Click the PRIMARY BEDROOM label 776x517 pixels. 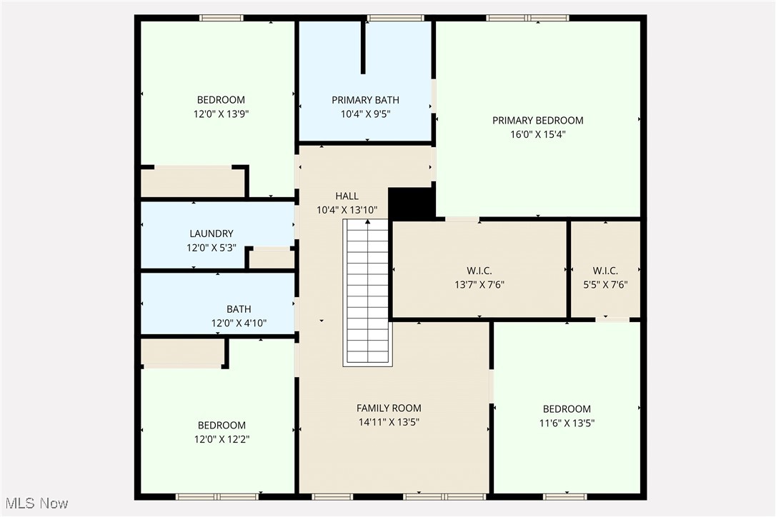(537, 120)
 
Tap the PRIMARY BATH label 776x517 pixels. (365, 100)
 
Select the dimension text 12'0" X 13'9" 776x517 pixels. (221, 114)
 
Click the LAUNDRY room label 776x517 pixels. (211, 234)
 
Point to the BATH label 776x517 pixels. (239, 309)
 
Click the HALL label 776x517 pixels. (347, 196)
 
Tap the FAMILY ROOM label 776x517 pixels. (389, 408)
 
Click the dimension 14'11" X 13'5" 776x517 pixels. (389, 422)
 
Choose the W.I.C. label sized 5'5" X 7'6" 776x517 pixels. (605, 271)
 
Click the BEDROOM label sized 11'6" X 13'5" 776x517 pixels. (567, 409)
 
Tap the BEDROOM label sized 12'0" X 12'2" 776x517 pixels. (221, 426)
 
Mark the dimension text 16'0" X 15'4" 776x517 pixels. (537, 134)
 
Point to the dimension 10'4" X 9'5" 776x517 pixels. (365, 114)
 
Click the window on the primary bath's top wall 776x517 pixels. (395, 18)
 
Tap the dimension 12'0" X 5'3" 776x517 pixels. (211, 248)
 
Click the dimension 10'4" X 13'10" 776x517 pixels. (347, 210)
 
